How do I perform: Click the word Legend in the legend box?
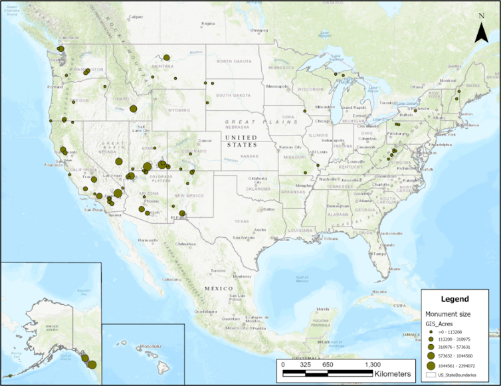click(454, 300)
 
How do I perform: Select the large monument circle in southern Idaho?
click(134, 108)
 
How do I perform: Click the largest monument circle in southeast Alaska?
click(92, 364)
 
